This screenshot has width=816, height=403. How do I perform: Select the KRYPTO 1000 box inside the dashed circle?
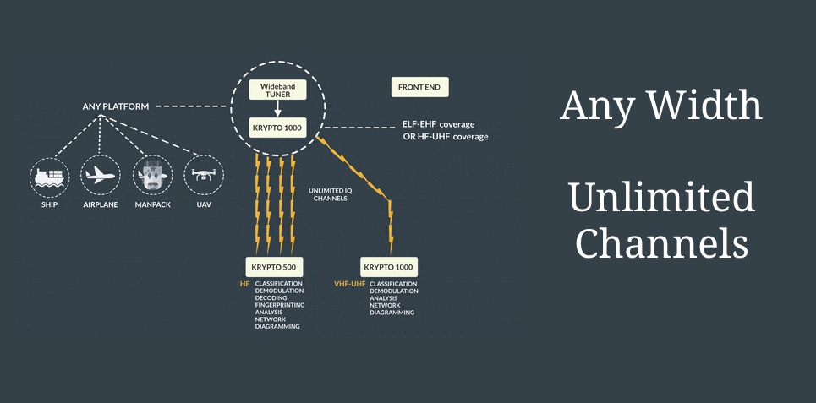(277, 128)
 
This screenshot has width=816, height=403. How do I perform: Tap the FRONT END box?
(420, 87)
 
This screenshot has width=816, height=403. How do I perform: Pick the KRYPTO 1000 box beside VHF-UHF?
(389, 267)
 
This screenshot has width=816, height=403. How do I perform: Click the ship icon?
(51, 175)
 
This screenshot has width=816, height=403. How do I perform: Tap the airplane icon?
(101, 175)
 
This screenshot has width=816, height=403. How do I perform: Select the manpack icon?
(153, 175)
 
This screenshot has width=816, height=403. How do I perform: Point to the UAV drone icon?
(203, 175)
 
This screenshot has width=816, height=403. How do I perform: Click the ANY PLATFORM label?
(116, 107)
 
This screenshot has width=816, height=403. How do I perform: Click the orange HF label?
(244, 284)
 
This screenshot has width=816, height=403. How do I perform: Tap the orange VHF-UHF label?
(349, 284)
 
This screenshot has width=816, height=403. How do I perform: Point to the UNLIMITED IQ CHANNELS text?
(327, 195)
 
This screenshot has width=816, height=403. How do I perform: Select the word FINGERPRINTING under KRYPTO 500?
(280, 304)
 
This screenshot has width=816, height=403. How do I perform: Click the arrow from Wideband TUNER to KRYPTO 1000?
(277, 109)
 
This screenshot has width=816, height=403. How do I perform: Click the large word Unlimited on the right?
(661, 197)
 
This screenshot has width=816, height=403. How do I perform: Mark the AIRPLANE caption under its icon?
(101, 204)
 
